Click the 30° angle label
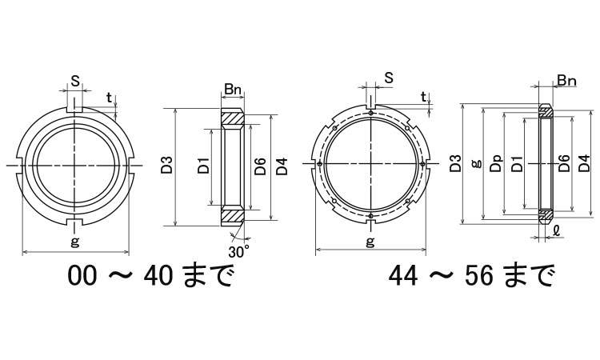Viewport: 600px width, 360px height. tap(238, 251)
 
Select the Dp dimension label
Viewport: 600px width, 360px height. tap(496, 163)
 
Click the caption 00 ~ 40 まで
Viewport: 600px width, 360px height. tap(150, 275)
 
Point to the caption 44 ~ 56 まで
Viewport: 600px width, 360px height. tap(471, 275)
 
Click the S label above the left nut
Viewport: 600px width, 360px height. tap(75, 81)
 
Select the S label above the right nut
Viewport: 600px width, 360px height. tap(389, 78)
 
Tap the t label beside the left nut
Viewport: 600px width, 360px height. tap(110, 98)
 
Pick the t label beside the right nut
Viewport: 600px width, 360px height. tap(423, 97)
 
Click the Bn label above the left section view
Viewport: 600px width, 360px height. tap(233, 90)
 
